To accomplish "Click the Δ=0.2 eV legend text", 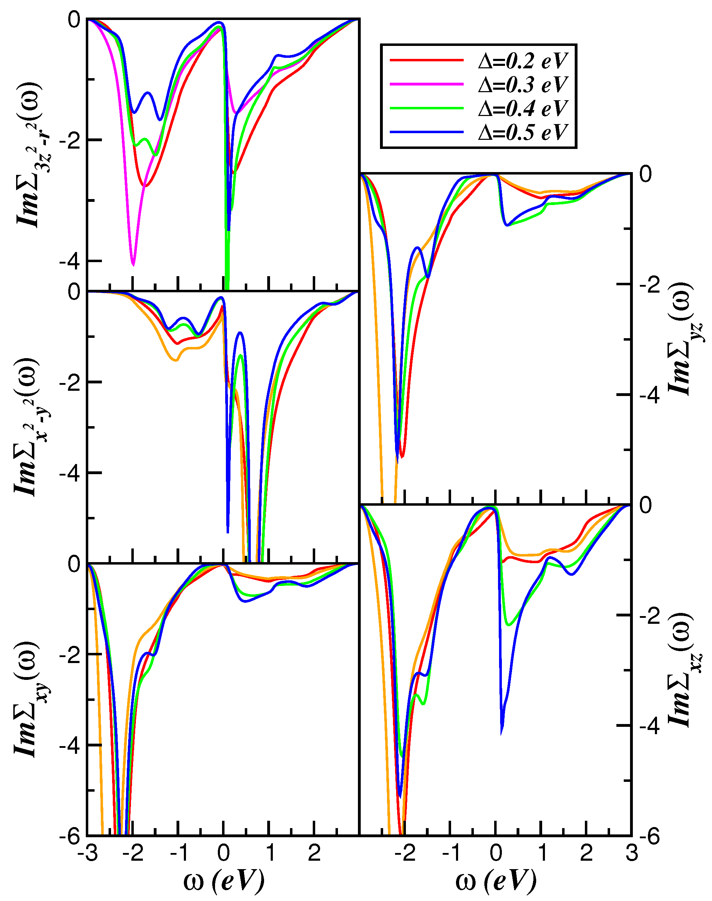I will (x=523, y=61).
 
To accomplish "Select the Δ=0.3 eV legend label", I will (x=523, y=85).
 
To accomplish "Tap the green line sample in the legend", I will (x=427, y=108).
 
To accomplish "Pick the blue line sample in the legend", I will (x=427, y=132).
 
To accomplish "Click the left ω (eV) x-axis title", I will (x=224, y=881).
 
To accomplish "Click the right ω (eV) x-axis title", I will (x=496, y=881).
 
